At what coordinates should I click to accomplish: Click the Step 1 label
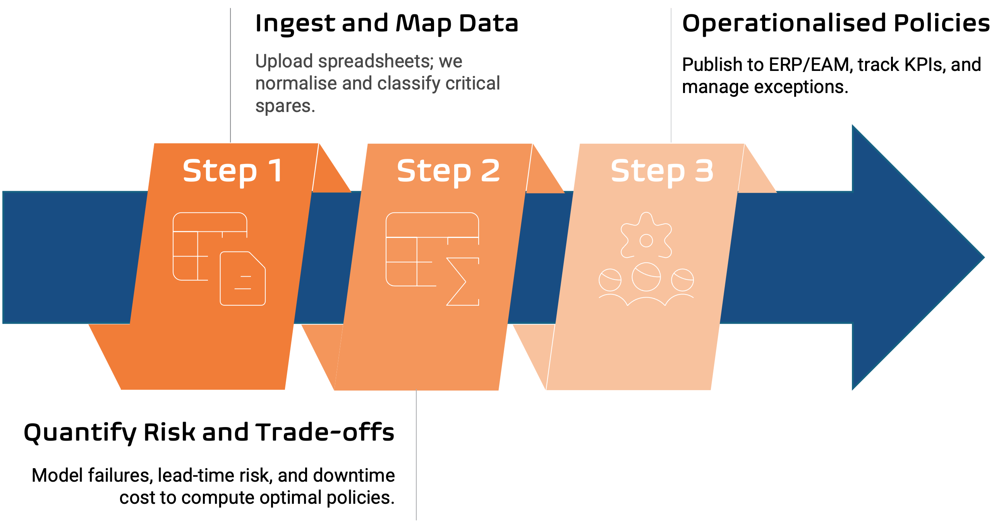tap(233, 171)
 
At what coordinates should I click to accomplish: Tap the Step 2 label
tap(448, 171)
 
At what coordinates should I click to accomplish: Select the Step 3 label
tap(662, 171)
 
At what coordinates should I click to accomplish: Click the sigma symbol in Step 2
tap(462, 281)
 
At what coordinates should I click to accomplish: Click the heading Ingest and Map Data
tap(386, 23)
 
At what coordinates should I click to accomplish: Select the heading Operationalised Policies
tap(835, 23)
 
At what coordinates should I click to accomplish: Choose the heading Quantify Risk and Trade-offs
tap(209, 433)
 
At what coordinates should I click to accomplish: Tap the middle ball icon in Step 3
tap(646, 277)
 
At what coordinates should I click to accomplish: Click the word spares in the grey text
tap(284, 106)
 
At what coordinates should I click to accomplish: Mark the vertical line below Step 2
tap(416, 453)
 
